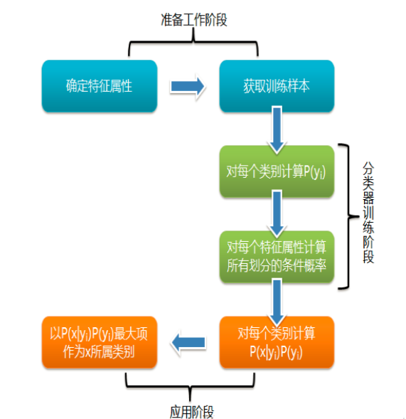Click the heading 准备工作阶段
(x=194, y=20)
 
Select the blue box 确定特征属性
(x=100, y=86)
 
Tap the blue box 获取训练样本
(x=277, y=86)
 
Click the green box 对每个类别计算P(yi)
(x=277, y=171)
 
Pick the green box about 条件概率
(x=277, y=257)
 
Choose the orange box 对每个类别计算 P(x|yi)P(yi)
(x=277, y=342)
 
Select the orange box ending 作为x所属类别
(x=100, y=342)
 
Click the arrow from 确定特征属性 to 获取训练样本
(x=188, y=86)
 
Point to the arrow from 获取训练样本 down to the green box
(x=277, y=129)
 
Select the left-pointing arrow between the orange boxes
(x=188, y=343)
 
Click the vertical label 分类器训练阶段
(x=368, y=213)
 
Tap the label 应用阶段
(x=192, y=411)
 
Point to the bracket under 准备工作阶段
(x=193, y=41)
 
